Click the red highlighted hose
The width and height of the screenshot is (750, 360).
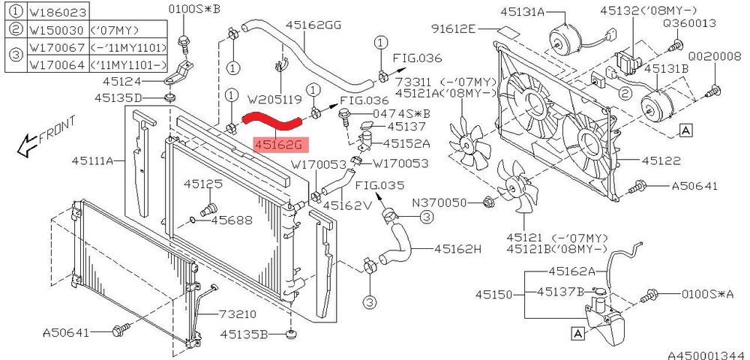tap(271, 121)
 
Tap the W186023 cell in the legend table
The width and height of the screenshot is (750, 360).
tap(58, 11)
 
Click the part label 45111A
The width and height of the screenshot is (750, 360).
tap(93, 161)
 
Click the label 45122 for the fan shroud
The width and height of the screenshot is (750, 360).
tap(661, 160)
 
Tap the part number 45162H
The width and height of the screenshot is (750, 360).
tap(457, 248)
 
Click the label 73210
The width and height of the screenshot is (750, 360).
tap(238, 314)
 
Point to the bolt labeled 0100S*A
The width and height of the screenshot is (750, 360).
tap(651, 296)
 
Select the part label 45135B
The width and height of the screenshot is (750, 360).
tap(243, 334)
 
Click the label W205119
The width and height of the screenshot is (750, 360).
tap(274, 100)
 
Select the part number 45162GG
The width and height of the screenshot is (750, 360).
tap(313, 25)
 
